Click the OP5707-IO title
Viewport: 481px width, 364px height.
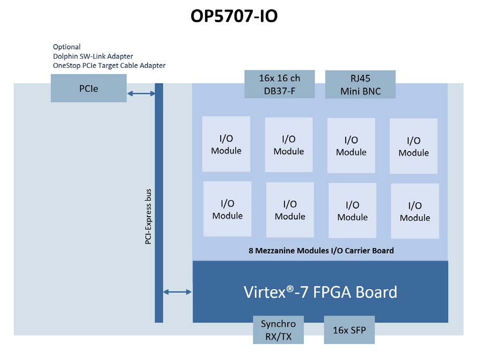tap(234, 17)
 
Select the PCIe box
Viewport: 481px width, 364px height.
tap(89, 88)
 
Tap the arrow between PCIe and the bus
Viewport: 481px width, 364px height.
tap(141, 94)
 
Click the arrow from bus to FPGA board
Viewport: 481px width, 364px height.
tap(177, 292)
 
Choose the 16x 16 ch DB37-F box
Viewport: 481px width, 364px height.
tap(279, 84)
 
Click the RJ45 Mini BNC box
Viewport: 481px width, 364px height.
tap(360, 84)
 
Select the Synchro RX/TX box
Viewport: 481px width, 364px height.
tap(278, 330)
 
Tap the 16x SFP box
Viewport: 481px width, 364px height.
tap(349, 330)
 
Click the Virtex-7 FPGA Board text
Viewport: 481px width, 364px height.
tap(320, 292)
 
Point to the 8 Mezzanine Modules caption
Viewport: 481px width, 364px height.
tap(321, 251)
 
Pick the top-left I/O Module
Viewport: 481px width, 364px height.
tap(226, 144)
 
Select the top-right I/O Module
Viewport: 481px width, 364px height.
tap(413, 146)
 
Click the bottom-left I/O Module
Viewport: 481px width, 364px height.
tap(227, 209)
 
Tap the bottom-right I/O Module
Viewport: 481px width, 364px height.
tap(414, 211)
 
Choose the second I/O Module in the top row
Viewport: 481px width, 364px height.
tap(288, 145)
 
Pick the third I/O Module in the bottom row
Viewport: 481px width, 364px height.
tap(352, 211)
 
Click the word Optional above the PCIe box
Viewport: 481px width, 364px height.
tap(67, 47)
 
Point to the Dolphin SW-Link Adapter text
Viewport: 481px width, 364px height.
tap(92, 56)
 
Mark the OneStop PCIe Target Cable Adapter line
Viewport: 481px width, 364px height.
tap(109, 66)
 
